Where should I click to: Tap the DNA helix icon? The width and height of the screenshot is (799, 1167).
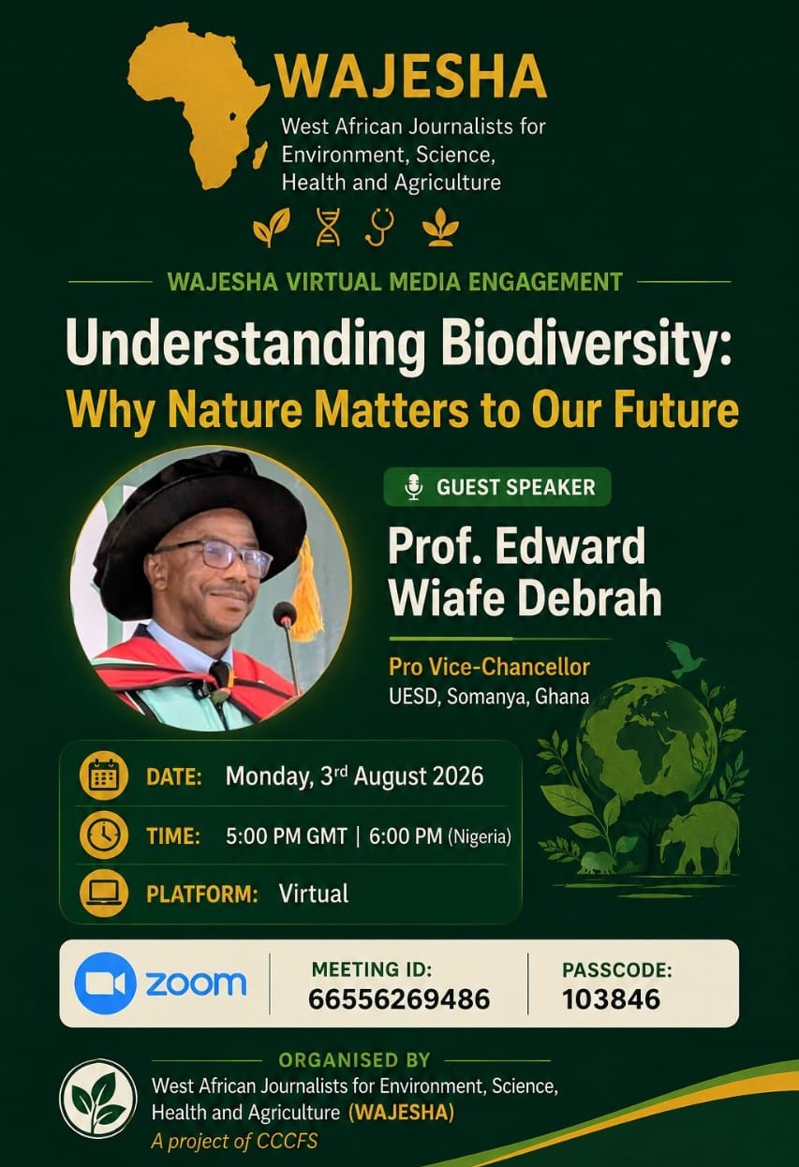[x=329, y=227]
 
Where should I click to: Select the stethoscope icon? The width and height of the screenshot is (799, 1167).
[x=380, y=227]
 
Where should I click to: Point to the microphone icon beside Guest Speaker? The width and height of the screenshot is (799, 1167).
[x=414, y=487]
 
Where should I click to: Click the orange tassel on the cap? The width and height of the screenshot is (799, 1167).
[x=306, y=591]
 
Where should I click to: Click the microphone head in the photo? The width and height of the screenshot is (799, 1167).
[x=285, y=614]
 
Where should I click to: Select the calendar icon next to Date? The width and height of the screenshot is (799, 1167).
[x=104, y=776]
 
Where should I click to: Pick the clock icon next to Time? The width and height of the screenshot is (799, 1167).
[x=104, y=835]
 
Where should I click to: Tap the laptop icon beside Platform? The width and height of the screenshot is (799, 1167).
[x=104, y=893]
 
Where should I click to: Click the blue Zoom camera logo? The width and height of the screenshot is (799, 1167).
[x=105, y=983]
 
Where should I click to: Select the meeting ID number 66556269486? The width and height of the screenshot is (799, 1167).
[x=399, y=999]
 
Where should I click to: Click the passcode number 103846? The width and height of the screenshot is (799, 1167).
[x=611, y=999]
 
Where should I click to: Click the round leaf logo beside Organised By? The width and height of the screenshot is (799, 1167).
[x=98, y=1099]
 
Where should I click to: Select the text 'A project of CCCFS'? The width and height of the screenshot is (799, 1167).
[x=234, y=1141]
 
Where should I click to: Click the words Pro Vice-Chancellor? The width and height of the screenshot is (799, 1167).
[x=489, y=667]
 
